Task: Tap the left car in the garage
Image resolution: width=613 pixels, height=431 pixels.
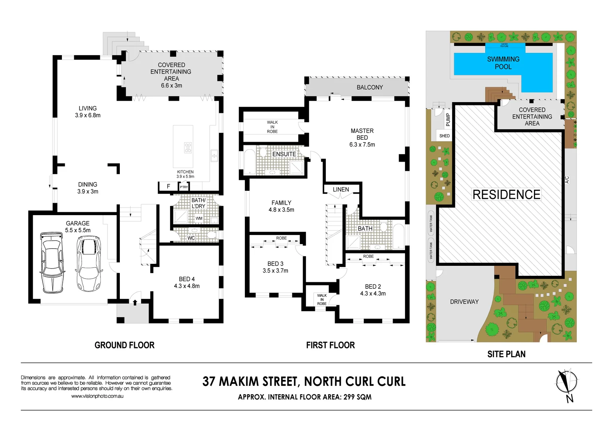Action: point(52,262)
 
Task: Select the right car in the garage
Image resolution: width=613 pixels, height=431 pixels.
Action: point(89,263)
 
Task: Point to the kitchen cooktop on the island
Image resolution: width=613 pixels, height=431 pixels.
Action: point(188,148)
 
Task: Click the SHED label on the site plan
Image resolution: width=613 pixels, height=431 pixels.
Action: point(444,136)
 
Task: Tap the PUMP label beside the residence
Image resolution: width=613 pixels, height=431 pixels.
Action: point(448,119)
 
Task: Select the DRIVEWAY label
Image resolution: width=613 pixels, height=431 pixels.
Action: point(464,302)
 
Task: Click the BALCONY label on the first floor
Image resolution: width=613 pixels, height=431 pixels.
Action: point(369,87)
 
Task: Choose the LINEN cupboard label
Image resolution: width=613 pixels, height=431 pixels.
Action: point(341,190)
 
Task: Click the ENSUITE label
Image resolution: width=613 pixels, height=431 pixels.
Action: point(284,154)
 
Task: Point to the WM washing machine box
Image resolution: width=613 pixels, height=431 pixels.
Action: point(199,218)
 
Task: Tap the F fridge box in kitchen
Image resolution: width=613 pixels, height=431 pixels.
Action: point(169,186)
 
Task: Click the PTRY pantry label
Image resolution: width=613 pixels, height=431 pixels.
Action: point(184,187)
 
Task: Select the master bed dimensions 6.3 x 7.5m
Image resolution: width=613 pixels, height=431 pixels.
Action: point(362,144)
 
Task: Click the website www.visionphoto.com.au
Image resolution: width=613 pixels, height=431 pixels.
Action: point(97,396)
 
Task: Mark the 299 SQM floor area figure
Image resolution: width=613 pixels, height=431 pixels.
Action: point(357,397)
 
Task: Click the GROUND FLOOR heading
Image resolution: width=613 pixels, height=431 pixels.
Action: point(124,345)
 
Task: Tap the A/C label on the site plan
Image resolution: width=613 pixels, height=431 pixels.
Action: point(567,180)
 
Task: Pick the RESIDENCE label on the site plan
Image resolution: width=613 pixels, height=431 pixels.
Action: point(506,194)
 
